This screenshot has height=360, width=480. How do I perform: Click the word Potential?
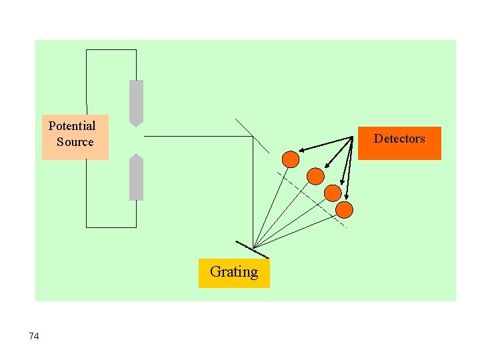[72, 126]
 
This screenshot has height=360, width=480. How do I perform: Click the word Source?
[75, 142]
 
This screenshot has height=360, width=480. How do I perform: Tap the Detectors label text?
[399, 139]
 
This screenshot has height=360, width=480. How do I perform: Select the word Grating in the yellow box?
[234, 272]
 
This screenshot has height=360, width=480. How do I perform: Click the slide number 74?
[34, 336]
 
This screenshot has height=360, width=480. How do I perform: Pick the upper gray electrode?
[136, 101]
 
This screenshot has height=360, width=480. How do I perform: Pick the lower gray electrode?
[136, 179]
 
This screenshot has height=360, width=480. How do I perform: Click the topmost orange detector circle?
[291, 159]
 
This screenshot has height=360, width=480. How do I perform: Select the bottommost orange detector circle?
[344, 210]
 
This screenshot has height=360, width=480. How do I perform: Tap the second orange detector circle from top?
[315, 176]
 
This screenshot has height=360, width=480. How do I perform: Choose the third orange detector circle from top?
[332, 193]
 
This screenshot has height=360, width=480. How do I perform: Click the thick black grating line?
[252, 250]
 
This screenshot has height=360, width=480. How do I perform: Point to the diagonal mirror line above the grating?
[252, 135]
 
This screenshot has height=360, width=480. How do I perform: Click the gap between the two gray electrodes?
[136, 140]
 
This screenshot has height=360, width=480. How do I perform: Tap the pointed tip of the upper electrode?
[136, 125]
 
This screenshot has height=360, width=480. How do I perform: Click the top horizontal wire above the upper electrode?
[111, 50]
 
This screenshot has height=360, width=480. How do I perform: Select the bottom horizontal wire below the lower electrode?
[111, 227]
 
